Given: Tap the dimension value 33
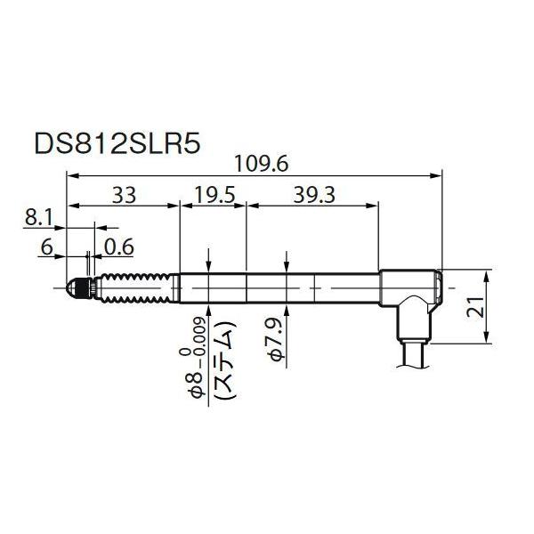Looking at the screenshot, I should pyautogui.click(x=125, y=194).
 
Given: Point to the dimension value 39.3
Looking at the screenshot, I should pyautogui.click(x=313, y=194).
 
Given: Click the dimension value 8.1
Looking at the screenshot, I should pyautogui.click(x=41, y=216).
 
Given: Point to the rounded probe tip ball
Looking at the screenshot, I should pyautogui.click(x=69, y=288).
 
